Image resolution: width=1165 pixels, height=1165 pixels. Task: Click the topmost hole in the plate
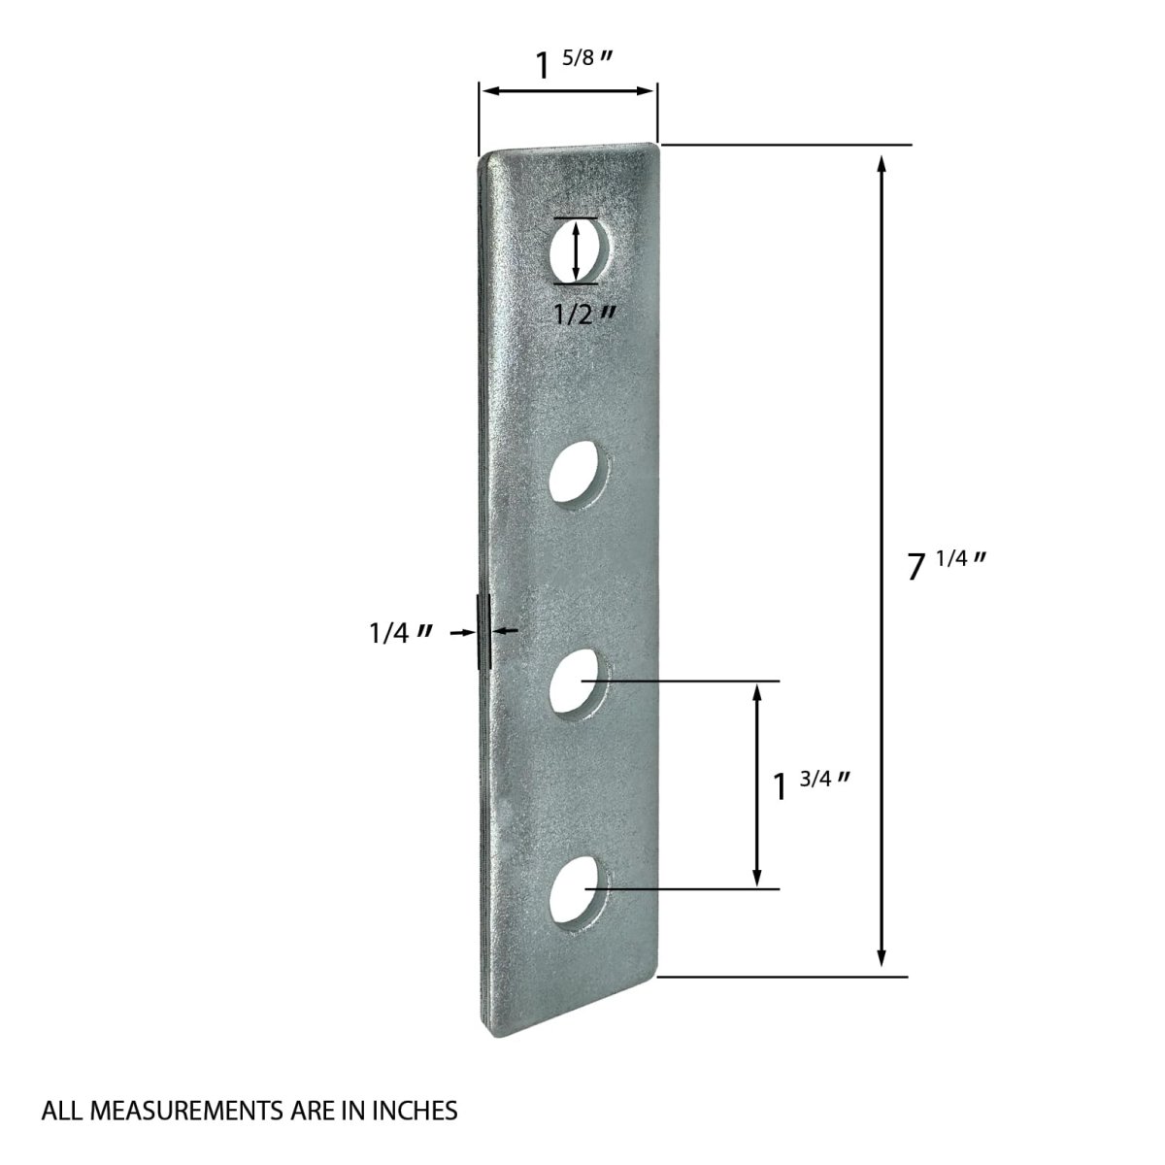(x=579, y=250)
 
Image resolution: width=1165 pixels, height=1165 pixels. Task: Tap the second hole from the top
(x=579, y=479)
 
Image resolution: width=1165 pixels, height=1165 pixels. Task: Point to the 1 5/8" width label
(x=575, y=64)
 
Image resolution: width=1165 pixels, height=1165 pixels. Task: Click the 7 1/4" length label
(x=947, y=565)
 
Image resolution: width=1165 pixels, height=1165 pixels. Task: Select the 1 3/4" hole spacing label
(x=812, y=785)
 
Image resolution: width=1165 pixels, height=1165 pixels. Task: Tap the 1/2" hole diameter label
(x=585, y=314)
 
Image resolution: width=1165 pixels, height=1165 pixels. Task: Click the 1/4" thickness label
(x=401, y=633)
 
